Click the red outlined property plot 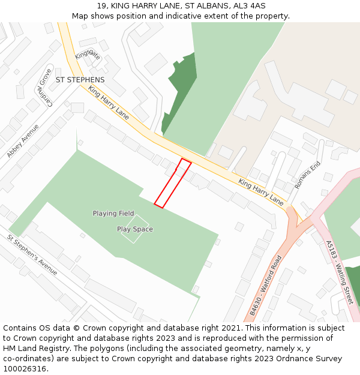[x=173, y=184]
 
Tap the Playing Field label [x=113, y=214]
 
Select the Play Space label [x=135, y=229]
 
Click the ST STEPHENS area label [x=80, y=80]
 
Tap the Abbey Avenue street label [x=23, y=141]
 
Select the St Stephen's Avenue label [x=32, y=255]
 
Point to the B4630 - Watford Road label [x=265, y=286]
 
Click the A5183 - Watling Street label [x=339, y=272]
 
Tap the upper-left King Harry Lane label [x=109, y=103]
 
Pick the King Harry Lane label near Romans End [x=260, y=191]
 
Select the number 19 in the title [x=101, y=6]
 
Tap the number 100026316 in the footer [x=25, y=369]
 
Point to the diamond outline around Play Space [x=133, y=229]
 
